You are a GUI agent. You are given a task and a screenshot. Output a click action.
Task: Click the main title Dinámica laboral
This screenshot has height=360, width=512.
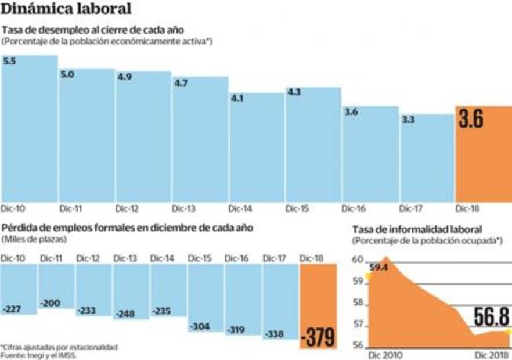click(x=66, y=9)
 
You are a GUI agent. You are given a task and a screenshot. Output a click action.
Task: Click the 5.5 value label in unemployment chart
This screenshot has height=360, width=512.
click(x=9, y=60)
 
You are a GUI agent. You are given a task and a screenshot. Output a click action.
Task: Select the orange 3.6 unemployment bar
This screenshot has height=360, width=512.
click(x=483, y=154)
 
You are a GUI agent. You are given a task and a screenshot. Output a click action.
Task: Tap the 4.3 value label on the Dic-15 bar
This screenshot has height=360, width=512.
click(x=294, y=92)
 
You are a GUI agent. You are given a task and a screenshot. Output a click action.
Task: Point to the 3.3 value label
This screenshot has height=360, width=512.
click(x=408, y=119)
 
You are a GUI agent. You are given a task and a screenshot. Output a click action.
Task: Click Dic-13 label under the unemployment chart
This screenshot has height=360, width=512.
click(x=183, y=208)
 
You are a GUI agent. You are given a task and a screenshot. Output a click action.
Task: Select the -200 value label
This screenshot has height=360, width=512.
click(x=51, y=303)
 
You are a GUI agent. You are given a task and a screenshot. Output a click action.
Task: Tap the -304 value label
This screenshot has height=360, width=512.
click(x=200, y=326)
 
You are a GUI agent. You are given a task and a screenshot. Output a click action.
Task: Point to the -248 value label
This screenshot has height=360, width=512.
click(x=125, y=314)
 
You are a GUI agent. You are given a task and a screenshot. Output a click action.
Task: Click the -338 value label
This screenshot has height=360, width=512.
click(x=275, y=334)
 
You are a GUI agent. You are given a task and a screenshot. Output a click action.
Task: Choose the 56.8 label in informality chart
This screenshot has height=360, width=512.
click(x=491, y=317)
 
